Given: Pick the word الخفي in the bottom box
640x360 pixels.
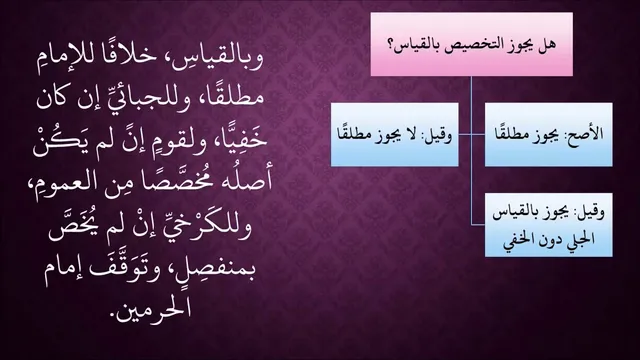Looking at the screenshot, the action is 518,239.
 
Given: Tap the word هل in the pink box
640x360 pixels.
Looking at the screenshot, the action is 547,44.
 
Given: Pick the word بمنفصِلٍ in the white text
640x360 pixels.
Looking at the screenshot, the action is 211,269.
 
